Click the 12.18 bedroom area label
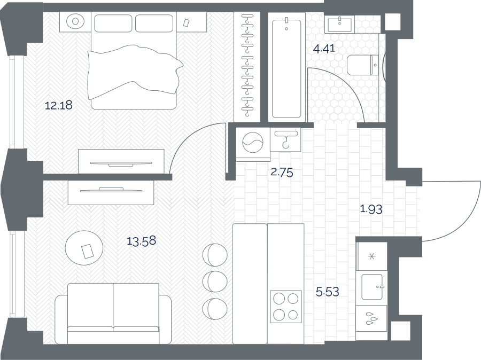pyautogui.click(x=59, y=105)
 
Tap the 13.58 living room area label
pyautogui.click(x=142, y=241)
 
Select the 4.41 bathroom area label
pyautogui.click(x=324, y=49)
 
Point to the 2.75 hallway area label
pyautogui.click(x=282, y=173)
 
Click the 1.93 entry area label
pyautogui.click(x=371, y=209)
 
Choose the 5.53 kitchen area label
pyautogui.click(x=328, y=292)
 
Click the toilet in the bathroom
pyautogui.click(x=363, y=65)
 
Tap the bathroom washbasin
pyautogui.click(x=339, y=24)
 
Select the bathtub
pyautogui.click(x=286, y=67)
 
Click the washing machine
pyautogui.click(x=253, y=144)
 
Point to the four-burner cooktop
pyautogui.click(x=286, y=307)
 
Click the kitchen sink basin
pyautogui.click(x=372, y=287)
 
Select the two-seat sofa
pyautogui.click(x=113, y=314)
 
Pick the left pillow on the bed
pyautogui.click(x=113, y=23)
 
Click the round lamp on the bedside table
pyautogui.click(x=75, y=21)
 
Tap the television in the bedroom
pyautogui.click(x=121, y=164)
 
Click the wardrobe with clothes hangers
pyautogui.click(x=247, y=67)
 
